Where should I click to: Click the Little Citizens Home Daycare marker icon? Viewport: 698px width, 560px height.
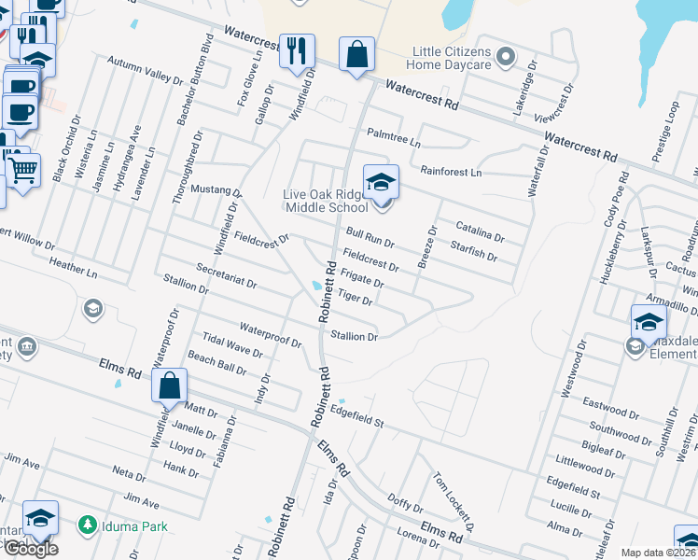coord(505,58)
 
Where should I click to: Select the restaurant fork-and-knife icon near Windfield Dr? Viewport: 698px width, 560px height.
coord(297,52)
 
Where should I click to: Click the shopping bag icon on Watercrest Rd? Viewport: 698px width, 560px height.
coord(356,55)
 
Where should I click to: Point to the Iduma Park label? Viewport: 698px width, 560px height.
coord(135,526)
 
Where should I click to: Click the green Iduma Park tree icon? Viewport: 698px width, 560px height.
coord(88,526)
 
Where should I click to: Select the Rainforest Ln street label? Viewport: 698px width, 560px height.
coord(451,173)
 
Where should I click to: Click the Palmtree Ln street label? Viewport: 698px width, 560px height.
coord(394,133)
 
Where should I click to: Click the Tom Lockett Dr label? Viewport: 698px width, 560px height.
coord(452,497)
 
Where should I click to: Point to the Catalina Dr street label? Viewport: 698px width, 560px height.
coord(480,227)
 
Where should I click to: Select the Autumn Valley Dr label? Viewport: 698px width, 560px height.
coord(145,70)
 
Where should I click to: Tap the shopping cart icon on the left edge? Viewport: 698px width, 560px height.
coord(22,170)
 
